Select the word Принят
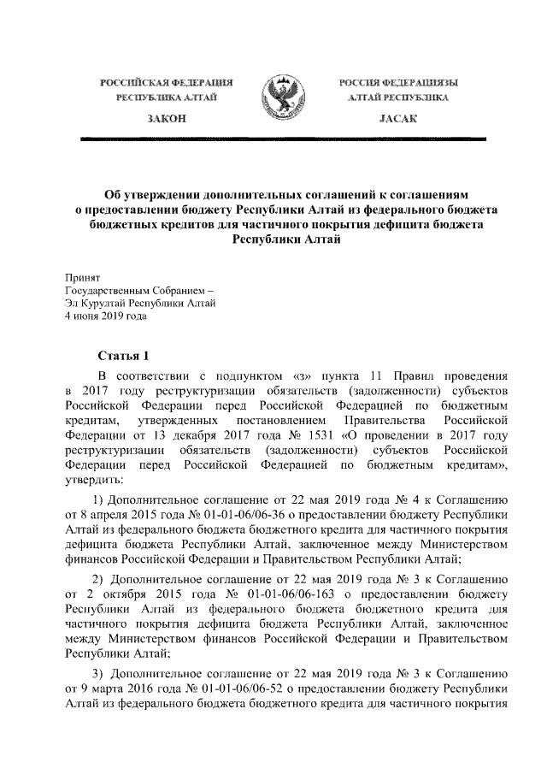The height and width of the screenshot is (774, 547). tap(83, 277)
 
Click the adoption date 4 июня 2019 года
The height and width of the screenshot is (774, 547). tap(106, 316)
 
